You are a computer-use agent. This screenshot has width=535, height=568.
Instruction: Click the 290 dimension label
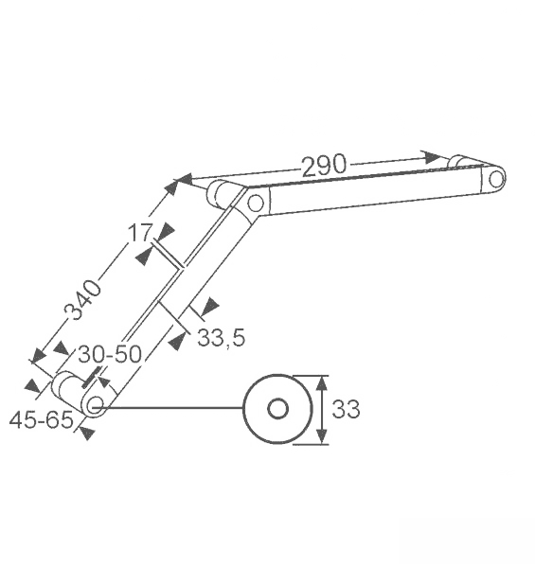pyautogui.click(x=324, y=166)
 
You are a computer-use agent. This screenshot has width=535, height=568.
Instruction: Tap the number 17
pyautogui.click(x=140, y=233)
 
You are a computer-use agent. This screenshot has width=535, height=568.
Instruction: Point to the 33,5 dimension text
pyautogui.click(x=222, y=338)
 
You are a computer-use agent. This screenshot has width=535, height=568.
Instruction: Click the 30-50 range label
pyautogui.click(x=110, y=354)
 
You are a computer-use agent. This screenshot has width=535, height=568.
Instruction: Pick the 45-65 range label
pyautogui.click(x=41, y=420)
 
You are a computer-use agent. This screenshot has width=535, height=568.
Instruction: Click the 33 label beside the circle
pyautogui.click(x=346, y=409)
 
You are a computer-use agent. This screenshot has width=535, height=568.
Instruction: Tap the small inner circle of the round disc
pyautogui.click(x=277, y=409)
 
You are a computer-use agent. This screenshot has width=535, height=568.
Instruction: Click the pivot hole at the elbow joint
pyautogui.click(x=256, y=204)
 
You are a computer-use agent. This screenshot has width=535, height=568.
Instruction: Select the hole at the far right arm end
pyautogui.click(x=495, y=179)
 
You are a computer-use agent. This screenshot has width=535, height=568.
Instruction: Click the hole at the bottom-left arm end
pyautogui.click(x=96, y=404)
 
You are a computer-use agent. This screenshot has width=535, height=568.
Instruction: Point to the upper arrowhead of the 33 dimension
pyautogui.click(x=322, y=383)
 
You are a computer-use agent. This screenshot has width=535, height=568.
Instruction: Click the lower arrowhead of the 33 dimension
pyautogui.click(x=322, y=436)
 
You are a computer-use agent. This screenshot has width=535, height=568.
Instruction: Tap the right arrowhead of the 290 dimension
pyautogui.click(x=433, y=157)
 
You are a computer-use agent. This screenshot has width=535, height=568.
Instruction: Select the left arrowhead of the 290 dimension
pyautogui.click(x=184, y=180)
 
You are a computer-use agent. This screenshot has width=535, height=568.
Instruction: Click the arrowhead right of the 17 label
pyautogui.click(x=167, y=231)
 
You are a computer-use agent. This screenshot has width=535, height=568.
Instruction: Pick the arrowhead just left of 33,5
pyautogui.click(x=178, y=341)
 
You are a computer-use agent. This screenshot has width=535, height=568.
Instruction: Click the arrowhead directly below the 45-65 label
pyautogui.click(x=87, y=434)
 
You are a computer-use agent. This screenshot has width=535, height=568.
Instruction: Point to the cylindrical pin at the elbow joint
pyautogui.click(x=221, y=194)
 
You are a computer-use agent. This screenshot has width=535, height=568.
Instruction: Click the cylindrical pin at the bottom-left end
pyautogui.click(x=67, y=389)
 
